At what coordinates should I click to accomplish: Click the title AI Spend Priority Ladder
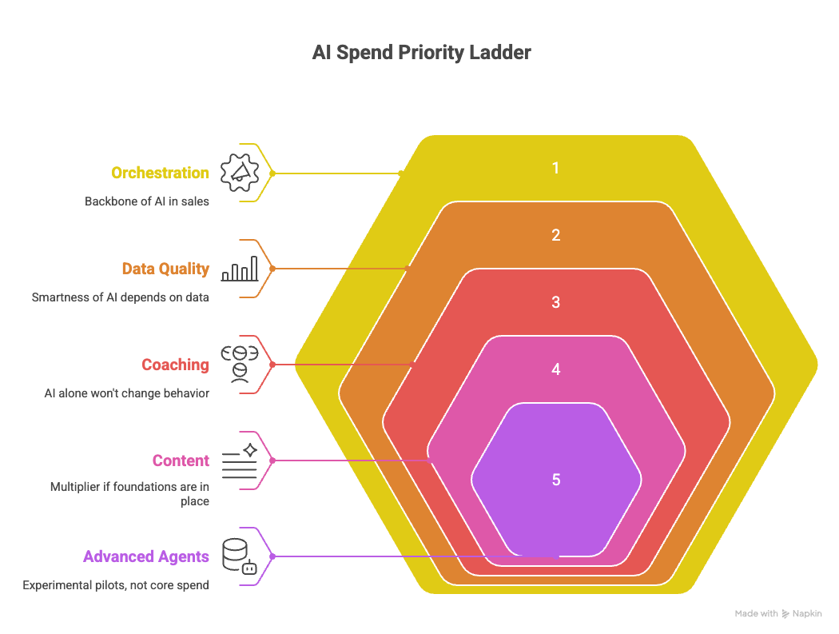420,54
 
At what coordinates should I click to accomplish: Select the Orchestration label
160,173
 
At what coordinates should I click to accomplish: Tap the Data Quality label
165,269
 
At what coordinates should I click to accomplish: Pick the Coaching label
175,365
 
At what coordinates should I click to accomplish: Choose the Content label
181,461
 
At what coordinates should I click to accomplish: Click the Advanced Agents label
146,557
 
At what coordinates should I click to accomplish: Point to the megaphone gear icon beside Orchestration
240,173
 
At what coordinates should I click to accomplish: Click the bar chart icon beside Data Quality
240,269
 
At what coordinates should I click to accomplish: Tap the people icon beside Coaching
240,365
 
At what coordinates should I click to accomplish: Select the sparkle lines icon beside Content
240,461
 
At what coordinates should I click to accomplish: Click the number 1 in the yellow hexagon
556,169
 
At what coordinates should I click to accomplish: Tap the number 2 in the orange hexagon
556,236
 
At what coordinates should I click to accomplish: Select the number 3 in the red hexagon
556,303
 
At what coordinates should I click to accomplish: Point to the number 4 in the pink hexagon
556,370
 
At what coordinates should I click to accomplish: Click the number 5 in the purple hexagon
556,480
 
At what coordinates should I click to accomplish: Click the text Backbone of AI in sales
147,201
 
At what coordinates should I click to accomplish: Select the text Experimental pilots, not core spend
116,585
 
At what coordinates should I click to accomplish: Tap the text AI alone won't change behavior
126,393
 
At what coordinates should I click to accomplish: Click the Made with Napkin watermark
777,614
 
